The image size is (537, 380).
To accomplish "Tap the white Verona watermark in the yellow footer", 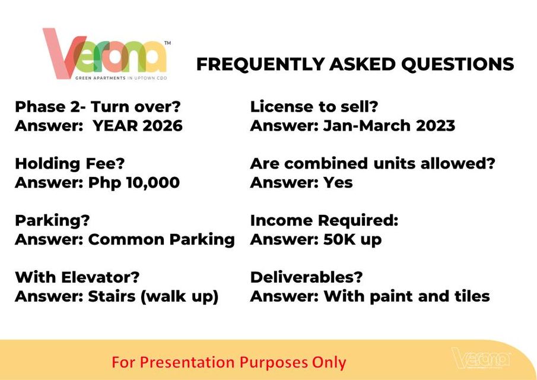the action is tap(481, 359).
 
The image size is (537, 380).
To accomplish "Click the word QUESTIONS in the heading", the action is tap(457, 64).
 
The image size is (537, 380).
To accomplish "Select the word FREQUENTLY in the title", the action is tap(260, 64).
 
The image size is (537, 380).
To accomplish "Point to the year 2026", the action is tap(163, 126).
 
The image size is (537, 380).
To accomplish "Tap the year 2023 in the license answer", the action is tap(436, 126).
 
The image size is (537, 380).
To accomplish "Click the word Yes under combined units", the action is tap(338, 183).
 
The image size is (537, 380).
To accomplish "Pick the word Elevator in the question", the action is tap(104, 277).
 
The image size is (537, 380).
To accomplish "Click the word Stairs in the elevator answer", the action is tap(112, 296).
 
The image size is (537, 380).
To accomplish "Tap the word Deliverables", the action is tap(306, 277).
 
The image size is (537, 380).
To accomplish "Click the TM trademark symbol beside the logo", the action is tap(167, 43).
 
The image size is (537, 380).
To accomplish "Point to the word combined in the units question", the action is tap(326, 163).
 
